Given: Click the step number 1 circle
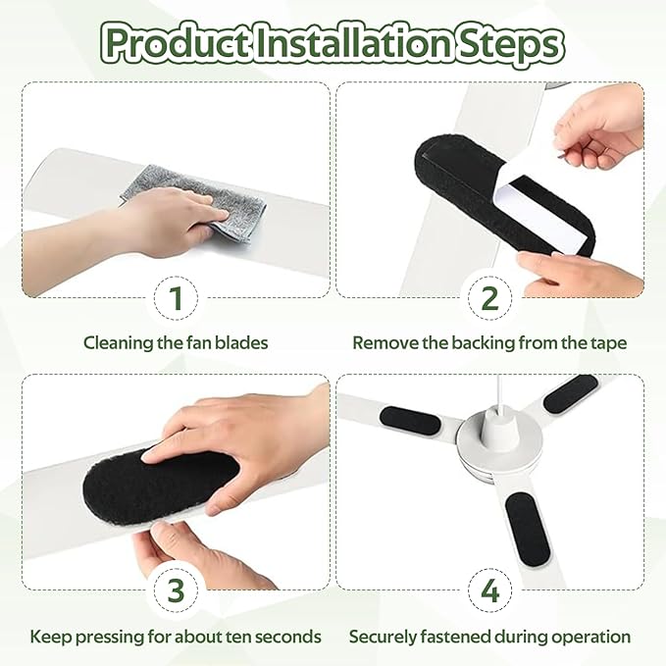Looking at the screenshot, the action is [x=176, y=298].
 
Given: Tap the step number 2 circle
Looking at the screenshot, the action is [x=490, y=298].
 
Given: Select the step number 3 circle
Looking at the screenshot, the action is [x=176, y=590].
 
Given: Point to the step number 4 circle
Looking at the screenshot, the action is [x=490, y=590].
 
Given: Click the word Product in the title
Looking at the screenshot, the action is [x=176, y=45].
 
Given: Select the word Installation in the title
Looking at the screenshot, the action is [x=352, y=43].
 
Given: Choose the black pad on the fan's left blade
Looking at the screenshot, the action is [x=409, y=421].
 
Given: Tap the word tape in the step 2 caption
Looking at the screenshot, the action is [x=608, y=343].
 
